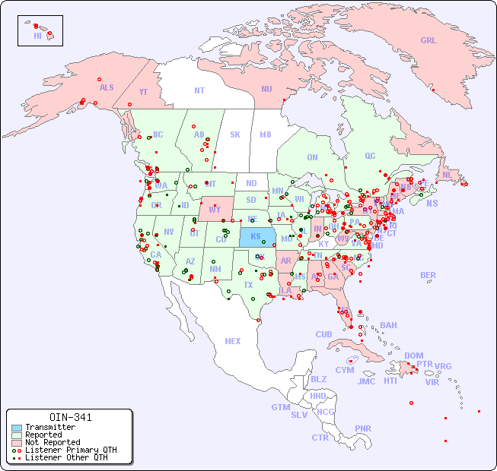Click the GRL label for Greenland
(x=429, y=41)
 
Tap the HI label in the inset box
(x=37, y=36)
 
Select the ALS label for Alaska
(x=107, y=87)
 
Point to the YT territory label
(x=143, y=92)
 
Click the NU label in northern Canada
(x=266, y=89)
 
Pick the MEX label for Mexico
(x=232, y=341)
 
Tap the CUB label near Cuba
(x=323, y=334)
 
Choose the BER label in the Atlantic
(x=428, y=275)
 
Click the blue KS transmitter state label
(x=255, y=236)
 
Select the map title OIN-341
(x=70, y=417)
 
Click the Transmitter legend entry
(x=49, y=428)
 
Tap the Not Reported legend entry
(x=52, y=442)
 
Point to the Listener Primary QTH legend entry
(x=70, y=450)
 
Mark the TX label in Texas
(x=247, y=285)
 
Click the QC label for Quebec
(x=370, y=156)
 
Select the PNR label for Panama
(x=363, y=428)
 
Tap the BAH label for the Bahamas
(x=388, y=325)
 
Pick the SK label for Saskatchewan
(x=234, y=134)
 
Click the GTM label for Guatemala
(x=280, y=407)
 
